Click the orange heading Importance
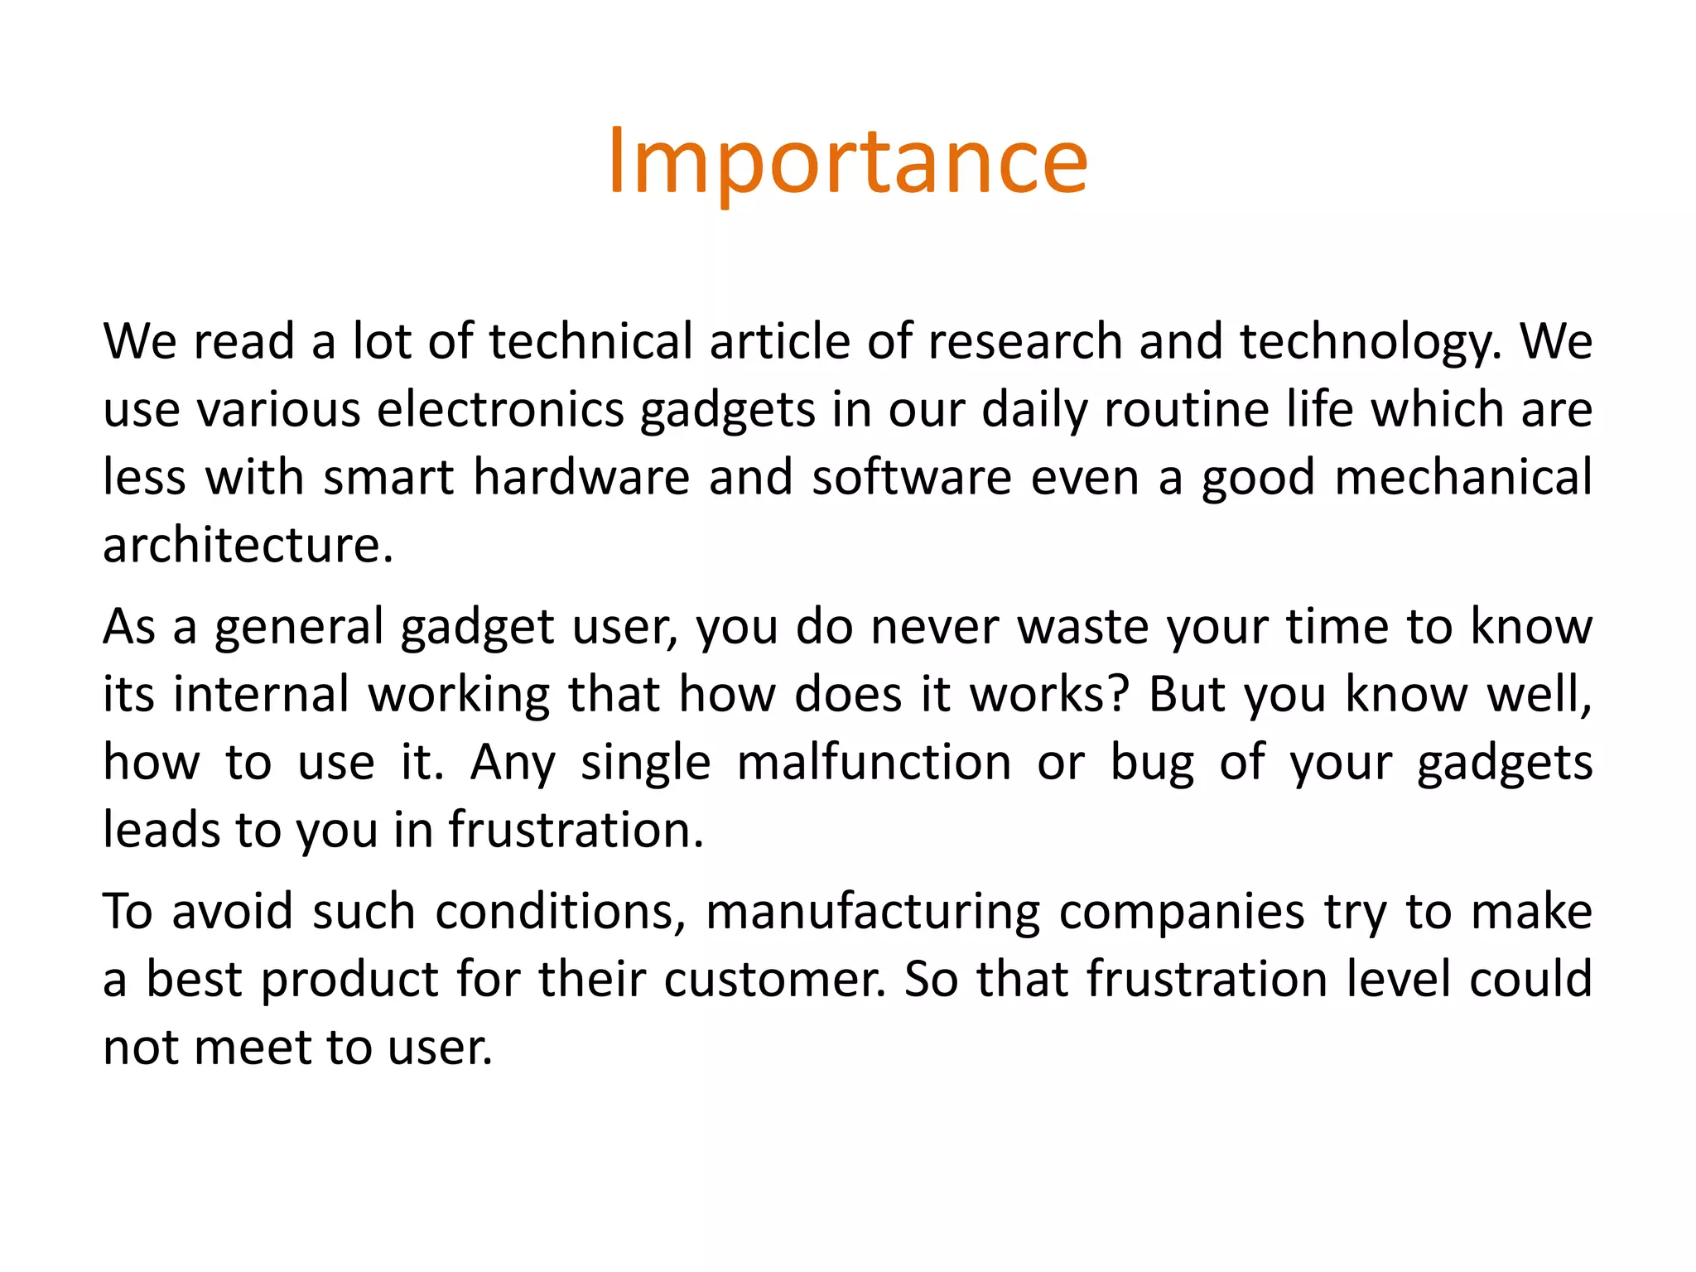847,162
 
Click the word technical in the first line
590,341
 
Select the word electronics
500,409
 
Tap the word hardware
581,477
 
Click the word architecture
247,545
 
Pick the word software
912,477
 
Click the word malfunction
874,762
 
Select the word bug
1152,762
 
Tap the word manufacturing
873,912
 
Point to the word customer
773,980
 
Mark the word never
934,626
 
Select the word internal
261,694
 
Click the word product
349,980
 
